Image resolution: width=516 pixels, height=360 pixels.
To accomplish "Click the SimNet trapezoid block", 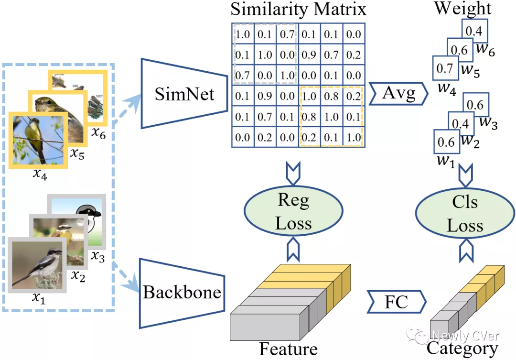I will tap(184, 94).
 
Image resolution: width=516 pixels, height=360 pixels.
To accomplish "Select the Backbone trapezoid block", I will tap(182, 292).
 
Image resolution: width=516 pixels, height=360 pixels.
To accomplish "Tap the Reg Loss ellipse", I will tap(294, 212).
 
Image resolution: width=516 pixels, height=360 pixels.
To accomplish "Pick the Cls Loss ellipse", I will tap(464, 213).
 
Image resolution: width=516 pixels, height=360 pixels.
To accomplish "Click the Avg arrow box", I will tap(398, 94).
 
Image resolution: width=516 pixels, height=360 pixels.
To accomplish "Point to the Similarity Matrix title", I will tap(299, 10).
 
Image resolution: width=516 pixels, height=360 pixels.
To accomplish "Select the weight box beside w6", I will tap(474, 31).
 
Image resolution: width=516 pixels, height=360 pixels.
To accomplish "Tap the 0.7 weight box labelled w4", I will tap(444, 68).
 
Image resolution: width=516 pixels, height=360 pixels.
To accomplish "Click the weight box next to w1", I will tap(445, 142).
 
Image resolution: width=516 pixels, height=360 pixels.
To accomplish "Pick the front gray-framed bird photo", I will tap(37, 264).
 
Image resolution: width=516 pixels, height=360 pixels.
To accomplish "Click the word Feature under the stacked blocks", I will tap(288, 349).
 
